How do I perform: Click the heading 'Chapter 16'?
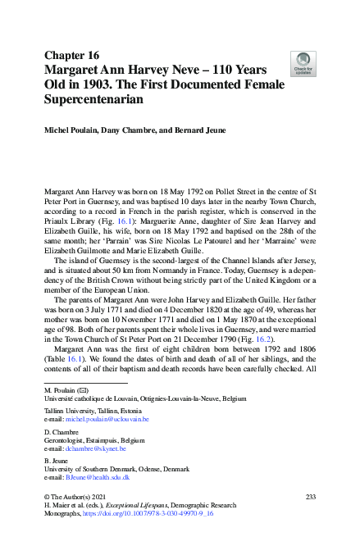point(72,55)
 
